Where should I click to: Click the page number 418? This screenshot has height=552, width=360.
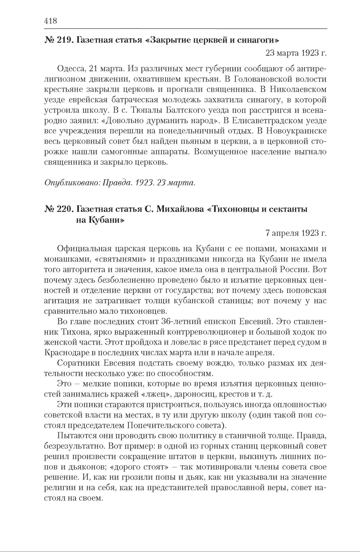click(51, 21)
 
